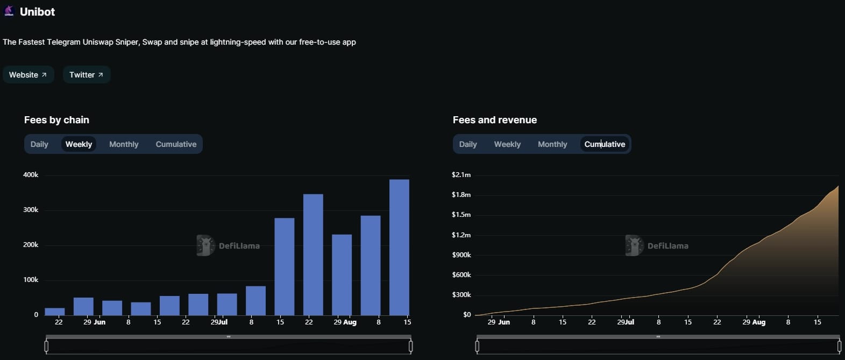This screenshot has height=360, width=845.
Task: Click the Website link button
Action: pos(28,75)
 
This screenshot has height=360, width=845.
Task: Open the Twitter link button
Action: pos(86,75)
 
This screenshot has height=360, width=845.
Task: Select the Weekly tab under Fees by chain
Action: pos(79,144)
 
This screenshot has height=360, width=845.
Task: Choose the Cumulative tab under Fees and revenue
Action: pos(605,144)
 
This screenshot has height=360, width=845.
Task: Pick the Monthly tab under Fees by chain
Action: pos(124,144)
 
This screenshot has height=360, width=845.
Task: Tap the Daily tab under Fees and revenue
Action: pos(468,144)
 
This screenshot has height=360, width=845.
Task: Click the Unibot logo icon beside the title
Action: pos(9,11)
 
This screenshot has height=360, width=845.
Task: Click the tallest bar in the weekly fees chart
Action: pos(399,248)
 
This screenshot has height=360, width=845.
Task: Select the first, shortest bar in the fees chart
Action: pos(55,312)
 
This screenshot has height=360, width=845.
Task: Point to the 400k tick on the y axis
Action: pos(31,175)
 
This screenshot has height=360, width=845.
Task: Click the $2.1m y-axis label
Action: pos(461,175)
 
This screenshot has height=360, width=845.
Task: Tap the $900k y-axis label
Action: pos(461,255)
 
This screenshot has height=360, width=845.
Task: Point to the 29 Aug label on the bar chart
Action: pos(345,322)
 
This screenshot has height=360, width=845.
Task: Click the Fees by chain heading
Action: pos(56,120)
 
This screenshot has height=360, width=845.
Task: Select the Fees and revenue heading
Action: pos(495,120)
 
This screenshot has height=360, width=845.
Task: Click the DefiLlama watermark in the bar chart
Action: pos(229,246)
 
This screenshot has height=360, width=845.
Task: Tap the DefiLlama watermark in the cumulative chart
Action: pos(657,246)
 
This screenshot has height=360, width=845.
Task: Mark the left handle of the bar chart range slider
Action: pos(46,347)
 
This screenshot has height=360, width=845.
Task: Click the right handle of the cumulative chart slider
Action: pos(840,347)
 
